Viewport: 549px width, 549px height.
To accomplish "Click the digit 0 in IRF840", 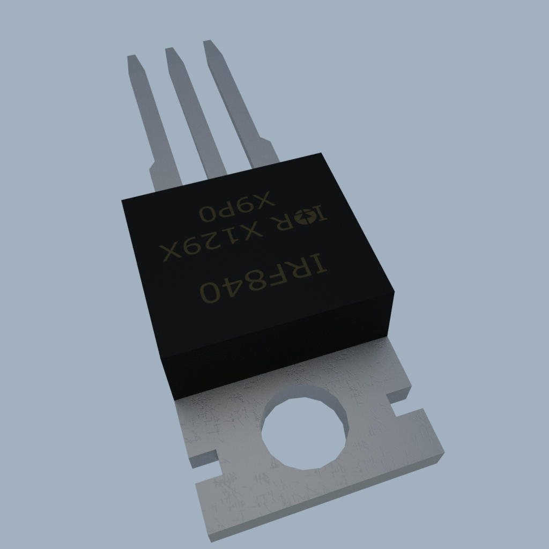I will (x=210, y=293).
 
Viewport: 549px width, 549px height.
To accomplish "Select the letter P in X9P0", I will (x=230, y=210).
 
